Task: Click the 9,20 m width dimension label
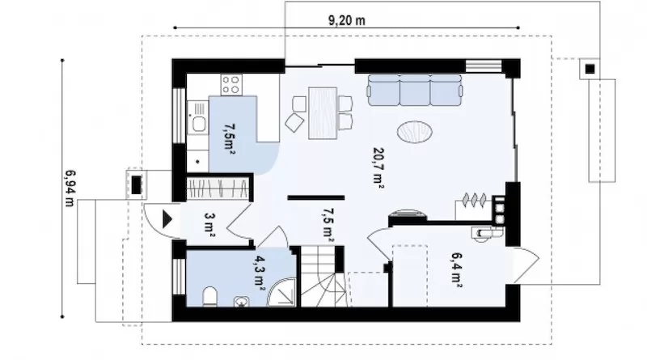tap(347, 19)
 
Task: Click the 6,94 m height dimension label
tap(70, 188)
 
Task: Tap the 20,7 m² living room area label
tap(378, 167)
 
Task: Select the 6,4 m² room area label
tap(456, 269)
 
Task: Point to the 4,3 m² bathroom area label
tap(260, 273)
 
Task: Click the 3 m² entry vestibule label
tap(210, 225)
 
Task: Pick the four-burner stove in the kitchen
tap(231, 85)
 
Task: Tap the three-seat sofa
tap(415, 90)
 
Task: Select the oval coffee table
tap(415, 132)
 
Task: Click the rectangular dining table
tap(323, 112)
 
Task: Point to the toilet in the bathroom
tap(210, 297)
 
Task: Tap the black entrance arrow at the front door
tap(167, 219)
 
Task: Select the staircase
tap(323, 277)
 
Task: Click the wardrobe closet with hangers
tap(218, 188)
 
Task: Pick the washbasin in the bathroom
tap(241, 303)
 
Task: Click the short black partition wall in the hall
tap(316, 197)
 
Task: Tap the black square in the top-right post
tap(590, 69)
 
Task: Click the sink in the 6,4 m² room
tap(481, 234)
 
